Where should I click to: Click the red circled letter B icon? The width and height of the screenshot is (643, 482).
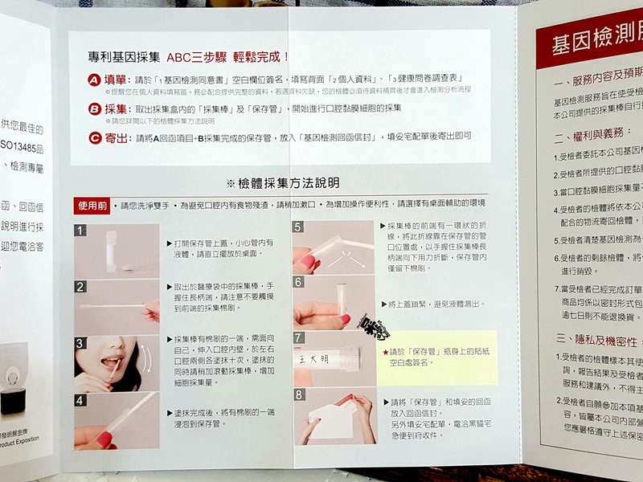point(96,108)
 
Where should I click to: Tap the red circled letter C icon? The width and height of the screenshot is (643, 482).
point(96,138)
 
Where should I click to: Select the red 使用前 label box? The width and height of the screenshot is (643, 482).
point(90,206)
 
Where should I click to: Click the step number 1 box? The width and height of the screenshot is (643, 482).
point(80,231)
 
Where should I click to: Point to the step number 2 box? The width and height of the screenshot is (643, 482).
point(80,287)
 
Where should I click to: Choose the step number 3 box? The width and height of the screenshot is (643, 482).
point(80,342)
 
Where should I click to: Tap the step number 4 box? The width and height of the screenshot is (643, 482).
point(80,399)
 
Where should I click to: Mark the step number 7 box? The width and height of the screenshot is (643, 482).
point(299,337)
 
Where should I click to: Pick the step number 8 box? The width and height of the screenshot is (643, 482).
point(299,394)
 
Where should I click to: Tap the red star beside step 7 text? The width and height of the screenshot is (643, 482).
point(386,352)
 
